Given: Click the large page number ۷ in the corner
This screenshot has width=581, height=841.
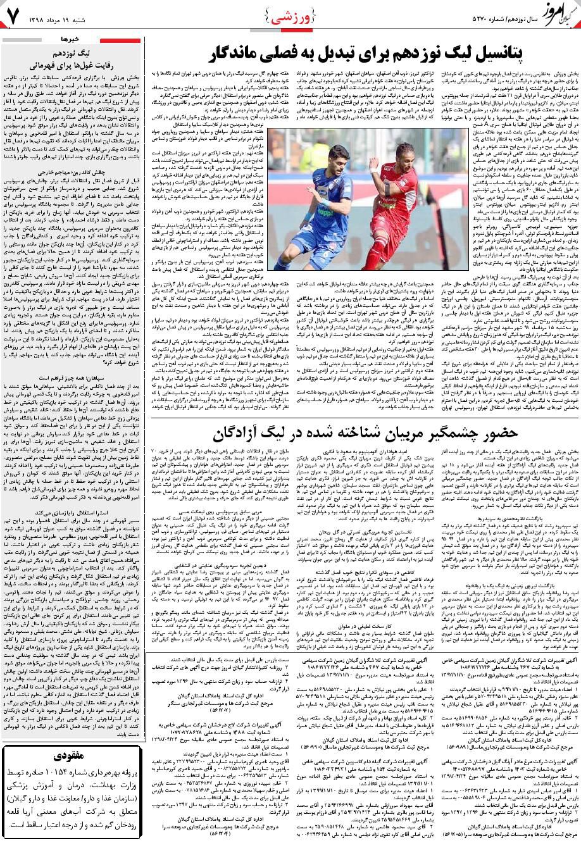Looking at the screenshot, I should coord(13,19).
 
